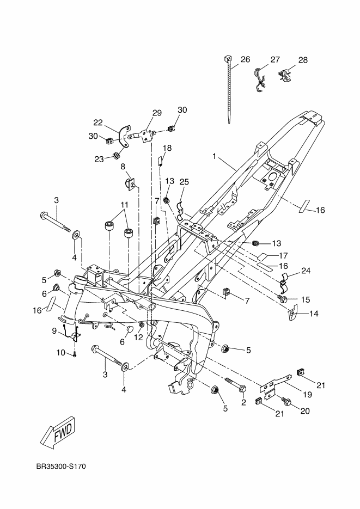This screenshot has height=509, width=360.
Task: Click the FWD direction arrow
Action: pyautogui.click(x=57, y=433)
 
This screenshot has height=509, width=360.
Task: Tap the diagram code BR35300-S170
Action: pyautogui.click(x=62, y=467)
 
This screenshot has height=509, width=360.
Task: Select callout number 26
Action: pyautogui.click(x=245, y=59)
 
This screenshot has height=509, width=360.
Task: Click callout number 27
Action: pyautogui.click(x=274, y=59)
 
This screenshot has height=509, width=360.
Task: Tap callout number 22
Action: pyautogui.click(x=98, y=122)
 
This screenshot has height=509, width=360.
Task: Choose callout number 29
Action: pyautogui.click(x=157, y=113)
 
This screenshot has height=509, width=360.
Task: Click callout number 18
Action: pyautogui.click(x=167, y=148)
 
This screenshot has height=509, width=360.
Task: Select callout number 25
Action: pyautogui.click(x=184, y=181)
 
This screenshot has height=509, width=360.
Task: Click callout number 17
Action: pyautogui.click(x=283, y=255)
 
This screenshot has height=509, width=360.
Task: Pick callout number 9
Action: pyautogui.click(x=54, y=330)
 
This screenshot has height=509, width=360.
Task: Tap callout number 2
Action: pyautogui.click(x=243, y=403)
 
